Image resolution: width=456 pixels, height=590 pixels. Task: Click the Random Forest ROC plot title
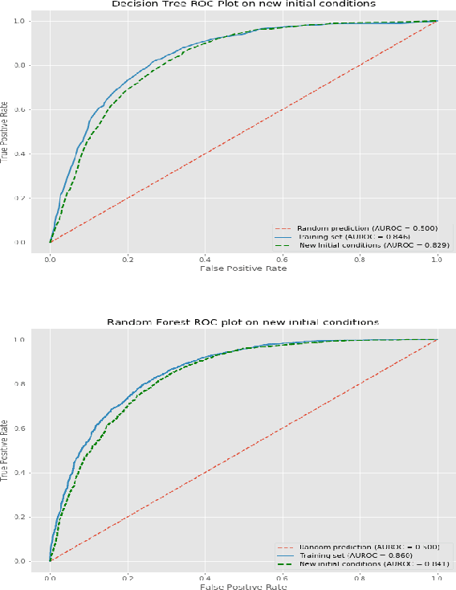(242, 322)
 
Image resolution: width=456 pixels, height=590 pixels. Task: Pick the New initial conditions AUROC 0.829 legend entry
(374, 245)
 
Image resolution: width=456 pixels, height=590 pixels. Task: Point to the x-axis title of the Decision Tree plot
(242, 268)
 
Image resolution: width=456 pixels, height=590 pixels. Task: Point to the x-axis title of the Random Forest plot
(242, 586)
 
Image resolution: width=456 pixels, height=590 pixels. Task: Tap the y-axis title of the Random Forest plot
(5, 450)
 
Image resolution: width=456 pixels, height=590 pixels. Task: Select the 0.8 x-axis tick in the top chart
(360, 260)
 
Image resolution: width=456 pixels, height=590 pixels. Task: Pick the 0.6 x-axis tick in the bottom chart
(283, 578)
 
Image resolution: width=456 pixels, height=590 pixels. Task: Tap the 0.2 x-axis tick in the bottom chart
(128, 578)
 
